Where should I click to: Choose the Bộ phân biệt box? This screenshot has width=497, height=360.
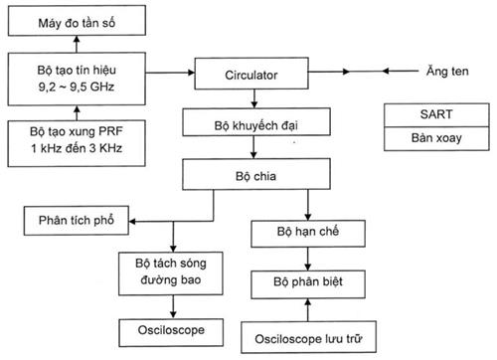pos(308,281)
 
